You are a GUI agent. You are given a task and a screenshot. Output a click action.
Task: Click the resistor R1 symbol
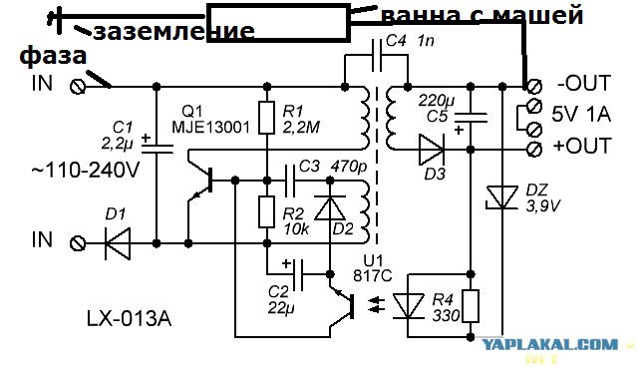point(266,119)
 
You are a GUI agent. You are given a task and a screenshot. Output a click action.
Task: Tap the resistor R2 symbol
point(266,212)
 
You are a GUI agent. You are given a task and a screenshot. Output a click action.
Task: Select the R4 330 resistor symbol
point(471,306)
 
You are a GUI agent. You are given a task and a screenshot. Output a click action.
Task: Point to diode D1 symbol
point(118,243)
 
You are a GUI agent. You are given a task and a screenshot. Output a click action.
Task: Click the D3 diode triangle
point(432,150)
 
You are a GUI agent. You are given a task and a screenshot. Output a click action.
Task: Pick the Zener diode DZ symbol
point(501,197)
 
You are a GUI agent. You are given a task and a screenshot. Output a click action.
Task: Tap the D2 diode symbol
point(329,208)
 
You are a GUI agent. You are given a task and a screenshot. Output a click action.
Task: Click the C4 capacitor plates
point(377,56)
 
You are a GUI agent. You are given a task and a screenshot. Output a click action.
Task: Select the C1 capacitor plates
point(157,148)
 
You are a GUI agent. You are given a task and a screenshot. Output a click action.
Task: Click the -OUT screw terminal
point(533,87)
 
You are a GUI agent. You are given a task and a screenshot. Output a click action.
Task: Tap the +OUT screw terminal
point(534,149)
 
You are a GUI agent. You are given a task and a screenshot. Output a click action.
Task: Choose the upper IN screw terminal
point(78,87)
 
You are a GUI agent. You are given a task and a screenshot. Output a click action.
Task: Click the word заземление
point(173,31)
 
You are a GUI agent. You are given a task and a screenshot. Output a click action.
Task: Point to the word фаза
point(53,56)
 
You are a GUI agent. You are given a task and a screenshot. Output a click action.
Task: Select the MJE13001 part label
point(210,127)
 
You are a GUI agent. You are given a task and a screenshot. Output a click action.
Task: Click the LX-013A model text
point(129,318)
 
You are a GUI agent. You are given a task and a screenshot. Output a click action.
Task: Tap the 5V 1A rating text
point(581,115)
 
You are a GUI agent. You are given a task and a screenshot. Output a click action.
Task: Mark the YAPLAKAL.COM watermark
point(549,344)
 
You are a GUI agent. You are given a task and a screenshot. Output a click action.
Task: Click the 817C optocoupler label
point(373,275)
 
